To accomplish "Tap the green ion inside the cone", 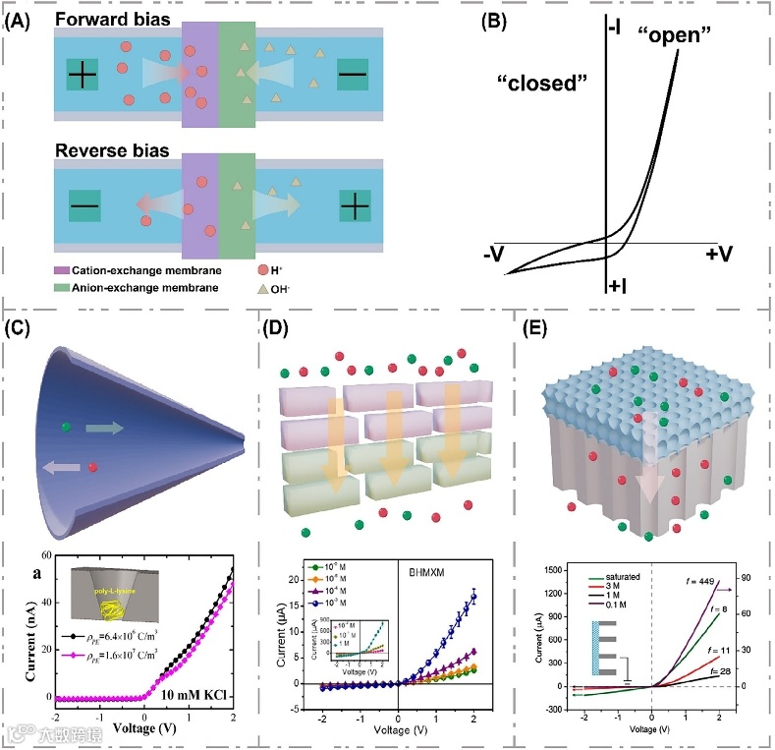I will pyautogui.click(x=66, y=427).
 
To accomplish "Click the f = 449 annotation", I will pyautogui.click(x=702, y=580).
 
